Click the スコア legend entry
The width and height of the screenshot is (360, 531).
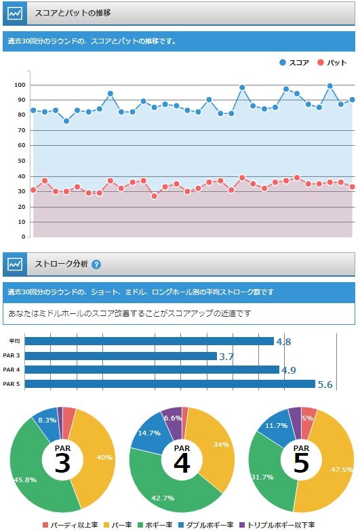294,62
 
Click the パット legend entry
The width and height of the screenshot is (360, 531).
332,62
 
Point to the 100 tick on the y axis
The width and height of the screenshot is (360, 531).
20,85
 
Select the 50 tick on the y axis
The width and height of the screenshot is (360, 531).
21,161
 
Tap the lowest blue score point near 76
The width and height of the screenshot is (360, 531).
66,121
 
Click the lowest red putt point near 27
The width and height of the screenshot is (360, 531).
155,196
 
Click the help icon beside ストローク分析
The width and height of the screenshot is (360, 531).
96,264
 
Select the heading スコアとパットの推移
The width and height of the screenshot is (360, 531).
73,13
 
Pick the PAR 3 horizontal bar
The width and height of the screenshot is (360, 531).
121,356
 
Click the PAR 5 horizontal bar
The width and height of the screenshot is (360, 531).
170,384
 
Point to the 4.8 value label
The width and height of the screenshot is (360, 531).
283,341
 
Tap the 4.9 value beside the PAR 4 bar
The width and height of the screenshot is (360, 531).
289,370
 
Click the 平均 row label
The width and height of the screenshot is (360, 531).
14,341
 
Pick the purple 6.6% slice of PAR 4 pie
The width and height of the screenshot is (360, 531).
174,419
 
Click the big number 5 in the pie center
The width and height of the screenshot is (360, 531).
301,463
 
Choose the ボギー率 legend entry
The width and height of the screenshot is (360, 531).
155,525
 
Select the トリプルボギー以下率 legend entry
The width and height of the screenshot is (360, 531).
277,525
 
